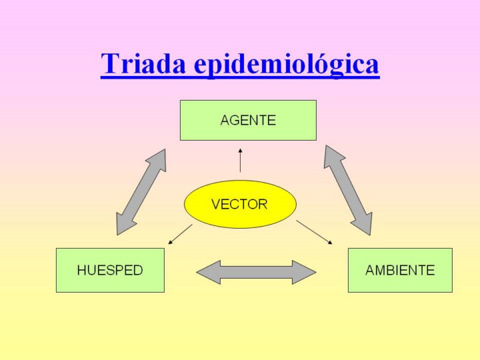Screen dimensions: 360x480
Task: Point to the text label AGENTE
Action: click(x=248, y=121)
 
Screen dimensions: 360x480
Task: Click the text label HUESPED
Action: click(x=110, y=271)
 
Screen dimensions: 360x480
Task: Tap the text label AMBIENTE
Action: click(x=400, y=271)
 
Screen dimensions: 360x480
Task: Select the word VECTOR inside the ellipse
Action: click(x=239, y=205)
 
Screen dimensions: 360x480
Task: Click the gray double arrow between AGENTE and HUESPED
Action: click(x=141, y=192)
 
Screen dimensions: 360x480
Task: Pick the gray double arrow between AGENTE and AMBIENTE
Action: click(x=348, y=191)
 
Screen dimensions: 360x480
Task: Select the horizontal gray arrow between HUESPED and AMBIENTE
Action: click(x=256, y=272)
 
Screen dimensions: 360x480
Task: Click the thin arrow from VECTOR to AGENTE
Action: click(x=240, y=161)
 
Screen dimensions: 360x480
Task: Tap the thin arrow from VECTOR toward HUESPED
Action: click(x=180, y=234)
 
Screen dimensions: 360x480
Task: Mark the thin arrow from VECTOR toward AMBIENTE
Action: click(x=314, y=232)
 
